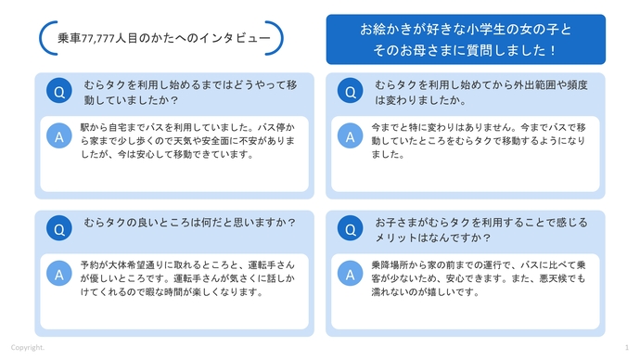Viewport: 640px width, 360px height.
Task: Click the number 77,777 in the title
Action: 104,39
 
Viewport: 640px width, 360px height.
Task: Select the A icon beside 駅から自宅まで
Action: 59,136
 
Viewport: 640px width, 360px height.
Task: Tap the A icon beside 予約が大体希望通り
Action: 59,274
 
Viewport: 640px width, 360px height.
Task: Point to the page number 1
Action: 626,347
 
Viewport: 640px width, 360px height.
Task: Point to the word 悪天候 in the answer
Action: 558,277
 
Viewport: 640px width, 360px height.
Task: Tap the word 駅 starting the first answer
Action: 84,124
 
